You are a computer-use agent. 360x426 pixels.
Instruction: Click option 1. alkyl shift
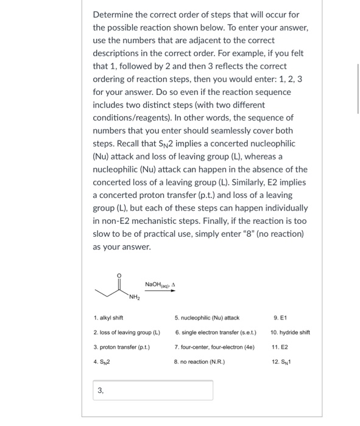110,317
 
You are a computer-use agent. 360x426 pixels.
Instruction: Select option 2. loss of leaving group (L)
126,332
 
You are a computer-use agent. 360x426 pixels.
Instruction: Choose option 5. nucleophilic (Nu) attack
206,317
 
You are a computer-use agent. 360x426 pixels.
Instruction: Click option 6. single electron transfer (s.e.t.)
215,332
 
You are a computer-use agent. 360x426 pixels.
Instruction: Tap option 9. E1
280,317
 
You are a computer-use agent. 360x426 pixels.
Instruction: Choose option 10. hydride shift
291,332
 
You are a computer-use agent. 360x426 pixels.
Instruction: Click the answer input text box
152,390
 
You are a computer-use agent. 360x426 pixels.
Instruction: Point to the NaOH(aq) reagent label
156,284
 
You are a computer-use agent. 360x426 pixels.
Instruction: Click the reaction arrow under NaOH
160,291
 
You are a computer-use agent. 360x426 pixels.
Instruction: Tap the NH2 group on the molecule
134,298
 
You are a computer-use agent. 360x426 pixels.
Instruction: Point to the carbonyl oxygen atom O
119,275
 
